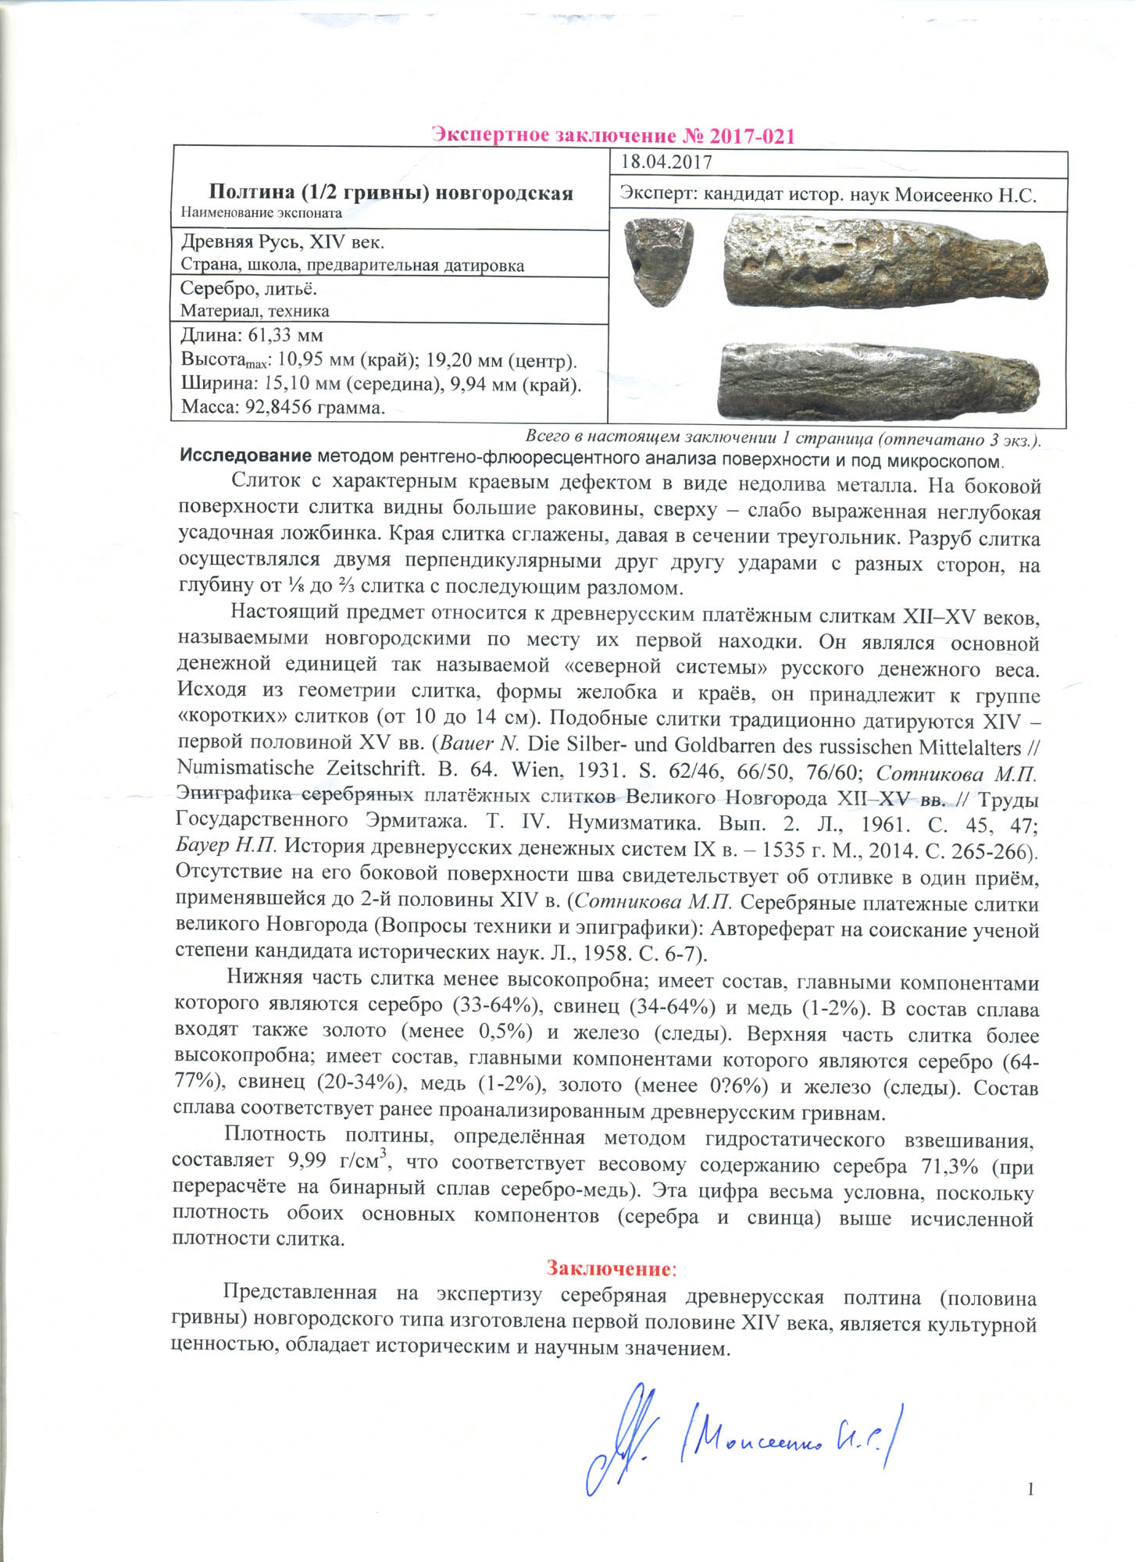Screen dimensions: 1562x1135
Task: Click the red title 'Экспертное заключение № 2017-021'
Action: (613, 136)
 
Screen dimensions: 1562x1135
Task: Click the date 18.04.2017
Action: (666, 162)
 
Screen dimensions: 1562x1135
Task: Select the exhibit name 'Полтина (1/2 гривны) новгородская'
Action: (391, 193)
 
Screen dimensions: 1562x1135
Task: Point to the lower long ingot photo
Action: (880, 380)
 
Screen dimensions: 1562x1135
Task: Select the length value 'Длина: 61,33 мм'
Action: (252, 336)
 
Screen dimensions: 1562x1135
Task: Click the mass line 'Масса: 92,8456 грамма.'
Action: (283, 408)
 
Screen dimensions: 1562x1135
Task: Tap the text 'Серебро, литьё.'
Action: (248, 289)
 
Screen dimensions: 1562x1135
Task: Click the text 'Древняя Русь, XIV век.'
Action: (282, 242)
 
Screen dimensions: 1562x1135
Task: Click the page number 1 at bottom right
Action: (1030, 1489)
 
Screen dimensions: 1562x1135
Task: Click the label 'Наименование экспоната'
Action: (262, 212)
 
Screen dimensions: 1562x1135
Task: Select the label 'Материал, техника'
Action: (255, 311)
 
